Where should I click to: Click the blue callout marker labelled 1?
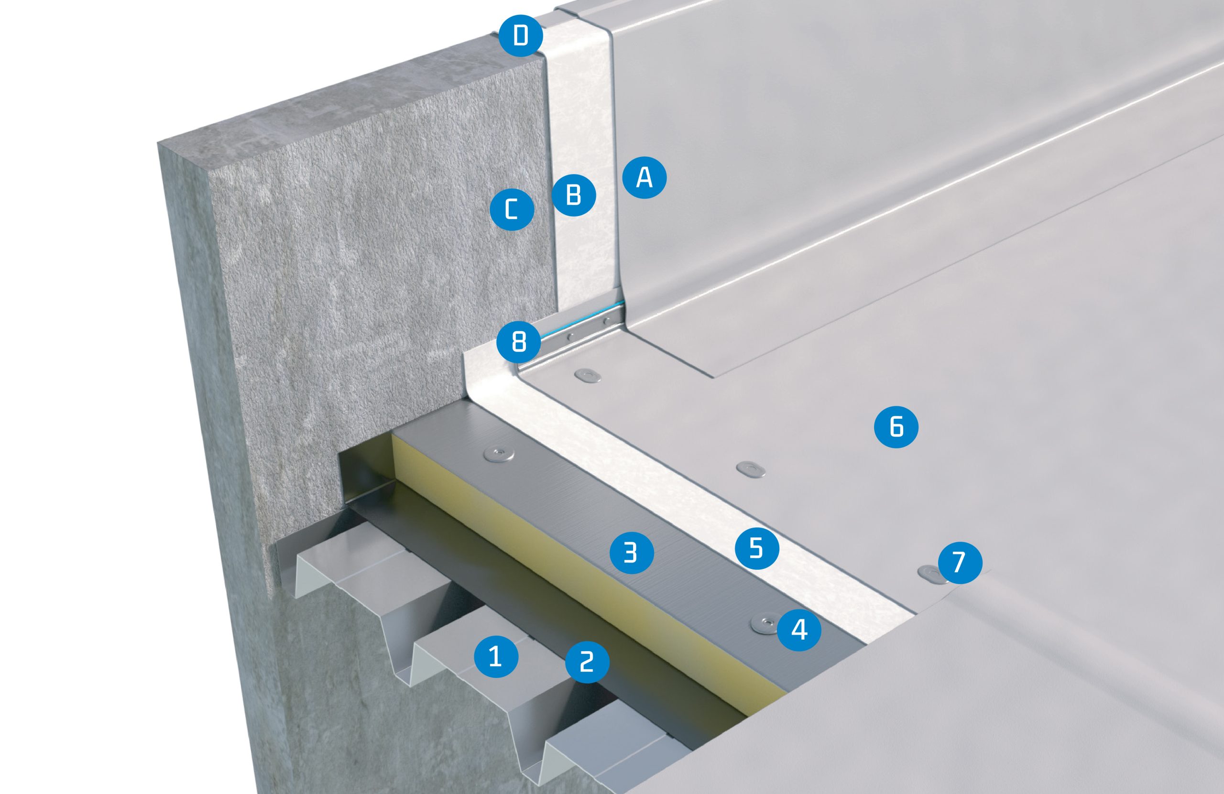click(496, 657)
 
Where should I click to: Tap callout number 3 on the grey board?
click(631, 552)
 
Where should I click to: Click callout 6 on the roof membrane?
click(896, 426)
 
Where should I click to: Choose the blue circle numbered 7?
click(960, 563)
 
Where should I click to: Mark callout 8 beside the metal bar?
click(519, 341)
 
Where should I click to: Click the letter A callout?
click(645, 178)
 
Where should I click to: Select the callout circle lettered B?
click(573, 195)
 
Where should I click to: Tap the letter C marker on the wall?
click(512, 209)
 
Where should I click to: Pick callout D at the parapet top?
click(521, 36)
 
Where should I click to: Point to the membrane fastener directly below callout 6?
click(751, 468)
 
